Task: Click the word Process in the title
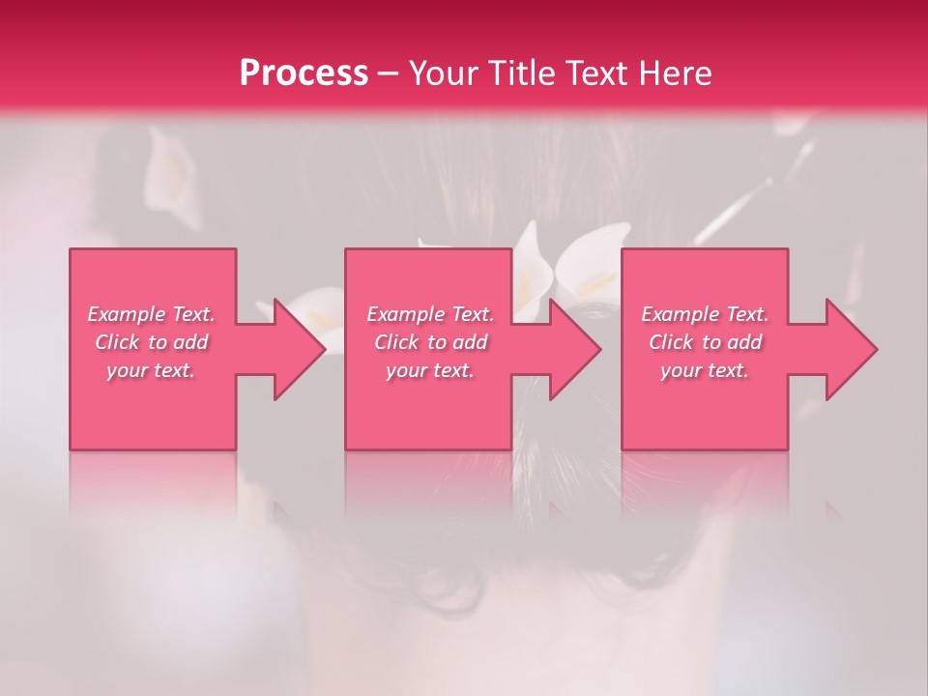coord(304,73)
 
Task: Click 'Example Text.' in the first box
coord(151,314)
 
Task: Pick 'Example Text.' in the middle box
coord(430,314)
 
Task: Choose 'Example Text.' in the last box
coord(705,314)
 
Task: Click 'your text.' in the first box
coord(151,370)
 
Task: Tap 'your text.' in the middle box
coord(430,370)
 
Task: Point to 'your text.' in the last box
coord(705,370)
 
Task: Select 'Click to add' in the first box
coord(151,342)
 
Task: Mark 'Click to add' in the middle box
coord(430,342)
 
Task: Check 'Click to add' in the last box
coord(705,342)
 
